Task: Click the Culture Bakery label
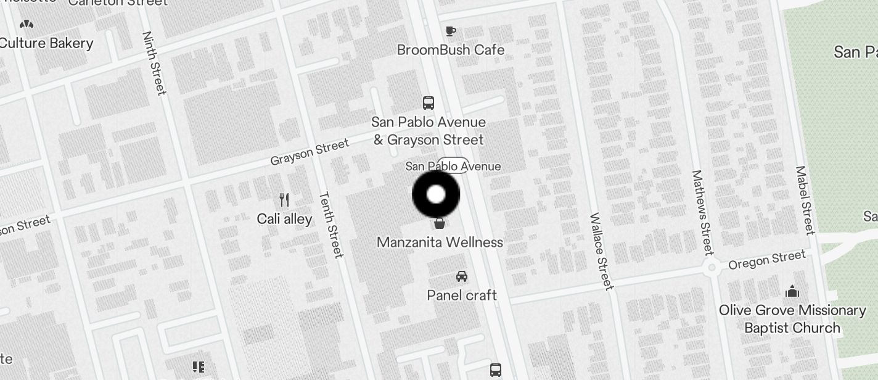pos(47,43)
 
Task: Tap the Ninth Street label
pos(154,63)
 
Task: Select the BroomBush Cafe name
pos(451,50)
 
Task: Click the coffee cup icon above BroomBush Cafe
pos(451,31)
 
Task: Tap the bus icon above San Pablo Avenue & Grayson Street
pos(428,103)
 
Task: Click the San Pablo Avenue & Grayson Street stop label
pos(429,131)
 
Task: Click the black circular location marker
pos(436,194)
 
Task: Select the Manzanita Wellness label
pos(440,242)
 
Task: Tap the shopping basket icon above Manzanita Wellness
pos(440,223)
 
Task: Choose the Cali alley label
pos(284,219)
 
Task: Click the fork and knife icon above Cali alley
pos(284,199)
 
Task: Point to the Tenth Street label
pos(330,225)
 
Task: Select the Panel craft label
pos(462,295)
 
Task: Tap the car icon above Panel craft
pos(462,276)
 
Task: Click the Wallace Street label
pos(601,251)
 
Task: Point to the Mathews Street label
pos(702,212)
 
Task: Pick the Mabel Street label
pos(805,200)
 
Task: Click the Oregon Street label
pos(767,260)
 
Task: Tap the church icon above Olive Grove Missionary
pos(792,291)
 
